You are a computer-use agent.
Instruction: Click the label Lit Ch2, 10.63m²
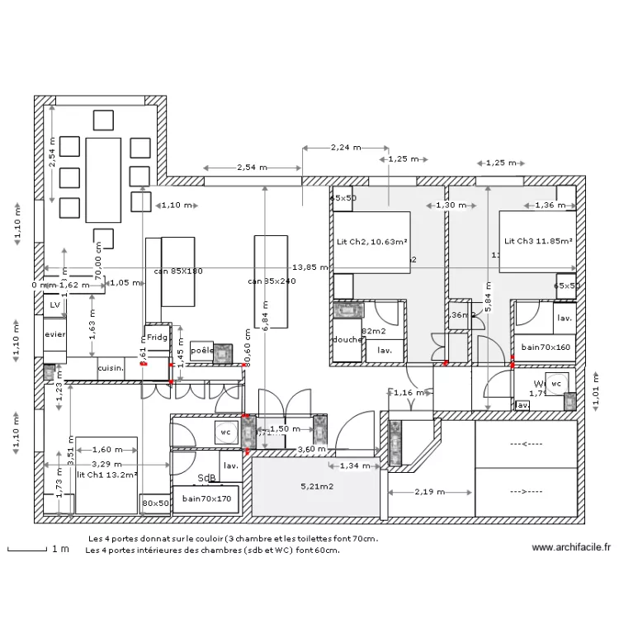click(x=371, y=242)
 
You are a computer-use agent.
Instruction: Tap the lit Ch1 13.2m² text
click(x=106, y=475)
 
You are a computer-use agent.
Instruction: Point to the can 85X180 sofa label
click(x=178, y=271)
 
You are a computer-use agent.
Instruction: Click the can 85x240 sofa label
click(x=272, y=281)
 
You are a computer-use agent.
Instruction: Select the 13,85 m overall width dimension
click(x=310, y=267)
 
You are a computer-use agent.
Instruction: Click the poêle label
click(x=201, y=350)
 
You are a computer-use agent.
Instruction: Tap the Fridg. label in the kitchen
click(x=157, y=338)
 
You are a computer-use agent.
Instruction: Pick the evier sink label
click(x=55, y=335)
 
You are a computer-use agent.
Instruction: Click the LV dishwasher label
click(x=55, y=305)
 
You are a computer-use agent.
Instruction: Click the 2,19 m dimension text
click(x=429, y=492)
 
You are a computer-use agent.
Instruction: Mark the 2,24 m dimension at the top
click(x=345, y=148)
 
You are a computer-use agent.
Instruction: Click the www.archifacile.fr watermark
click(x=571, y=546)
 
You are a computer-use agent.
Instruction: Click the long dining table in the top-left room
click(x=103, y=179)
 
